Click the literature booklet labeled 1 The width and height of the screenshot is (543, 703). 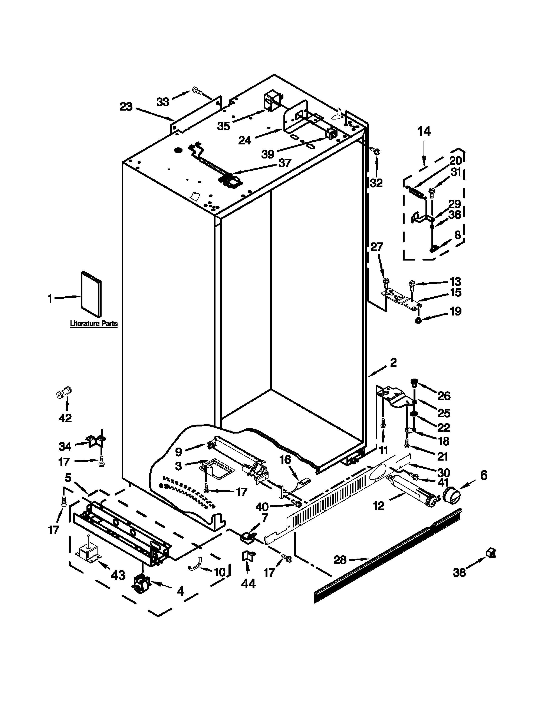coord(91,293)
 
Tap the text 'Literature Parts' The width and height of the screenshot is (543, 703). coord(94,324)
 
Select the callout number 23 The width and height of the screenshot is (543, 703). coord(126,106)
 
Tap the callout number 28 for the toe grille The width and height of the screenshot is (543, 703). coord(340,560)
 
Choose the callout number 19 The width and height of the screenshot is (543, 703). coord(455,311)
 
